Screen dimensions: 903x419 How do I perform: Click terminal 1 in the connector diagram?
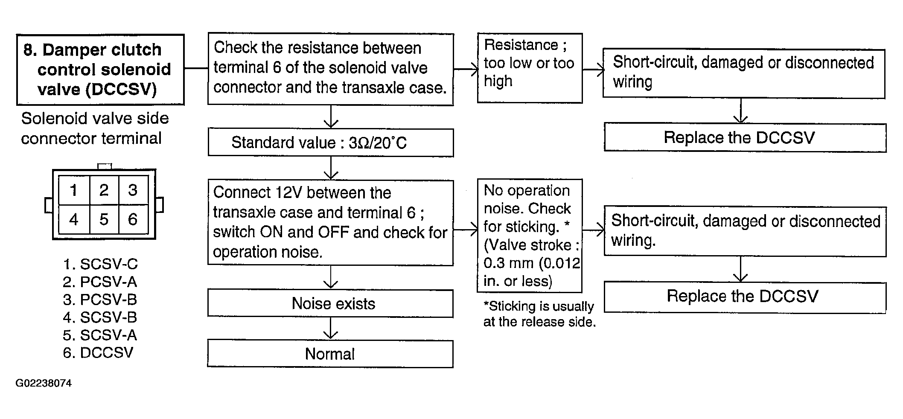coord(74,190)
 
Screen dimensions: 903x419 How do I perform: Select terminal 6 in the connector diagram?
coord(133,219)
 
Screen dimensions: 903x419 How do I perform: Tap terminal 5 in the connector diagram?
coord(104,219)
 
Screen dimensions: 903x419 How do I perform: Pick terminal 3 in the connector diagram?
coord(133,190)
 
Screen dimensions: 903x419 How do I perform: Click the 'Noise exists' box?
coord(330,303)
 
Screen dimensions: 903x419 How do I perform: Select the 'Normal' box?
coord(330,354)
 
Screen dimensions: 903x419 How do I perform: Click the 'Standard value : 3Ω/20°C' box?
coord(330,143)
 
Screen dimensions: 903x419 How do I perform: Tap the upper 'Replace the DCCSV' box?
coord(745,137)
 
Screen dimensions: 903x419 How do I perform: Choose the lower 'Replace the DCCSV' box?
coord(745,297)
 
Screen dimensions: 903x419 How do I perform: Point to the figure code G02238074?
coord(44,383)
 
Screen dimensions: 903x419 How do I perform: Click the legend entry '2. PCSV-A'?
coord(100,282)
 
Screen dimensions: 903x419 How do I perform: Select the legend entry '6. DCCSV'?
coord(98,353)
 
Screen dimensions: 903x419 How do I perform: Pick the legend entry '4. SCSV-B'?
coord(100,317)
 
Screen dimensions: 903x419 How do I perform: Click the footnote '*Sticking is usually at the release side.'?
coord(539,314)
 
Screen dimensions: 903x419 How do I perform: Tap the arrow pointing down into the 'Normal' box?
coord(331,329)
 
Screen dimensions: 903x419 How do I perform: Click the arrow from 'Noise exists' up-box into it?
coord(331,277)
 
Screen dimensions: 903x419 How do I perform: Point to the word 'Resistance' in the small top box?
coord(521,45)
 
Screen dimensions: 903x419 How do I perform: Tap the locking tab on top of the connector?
coord(105,166)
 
